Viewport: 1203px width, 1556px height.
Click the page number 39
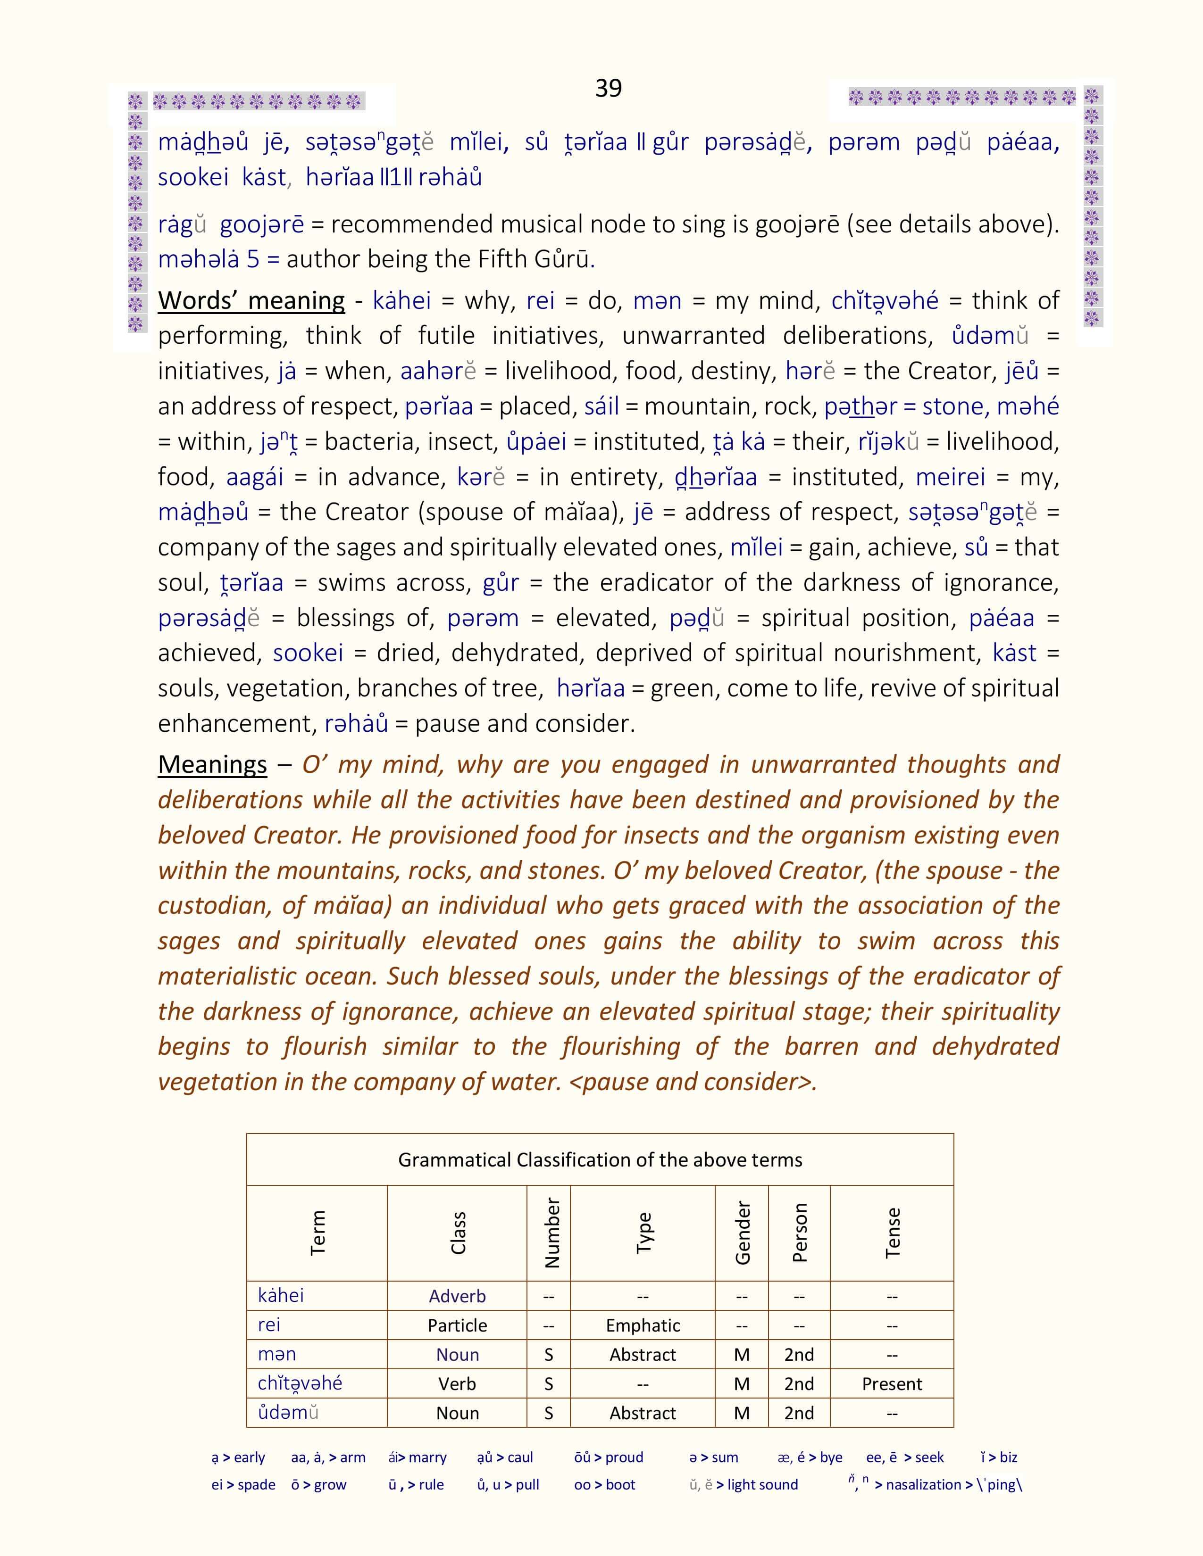pos(608,88)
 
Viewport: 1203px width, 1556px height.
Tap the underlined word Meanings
pos(212,764)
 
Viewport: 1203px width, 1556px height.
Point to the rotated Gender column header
pos(742,1233)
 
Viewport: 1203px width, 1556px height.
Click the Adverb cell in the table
pos(457,1296)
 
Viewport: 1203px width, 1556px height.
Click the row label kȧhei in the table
pos(281,1295)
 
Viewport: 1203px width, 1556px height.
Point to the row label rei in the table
pos(269,1324)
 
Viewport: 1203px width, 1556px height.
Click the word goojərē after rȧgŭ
pos(261,224)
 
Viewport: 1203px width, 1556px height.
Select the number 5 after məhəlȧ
pos(253,259)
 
